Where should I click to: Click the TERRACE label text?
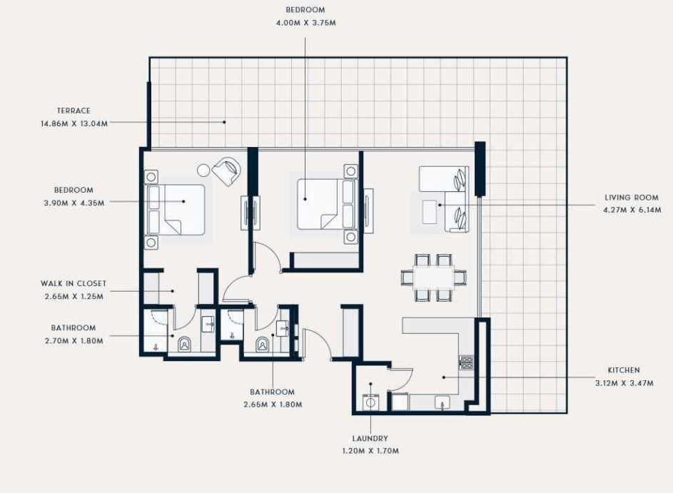click(x=74, y=111)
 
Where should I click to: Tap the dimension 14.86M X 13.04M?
click(x=74, y=123)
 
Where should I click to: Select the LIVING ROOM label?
click(x=632, y=198)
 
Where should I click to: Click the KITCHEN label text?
click(x=624, y=370)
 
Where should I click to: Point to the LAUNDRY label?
click(x=370, y=438)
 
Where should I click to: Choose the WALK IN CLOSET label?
click(x=74, y=283)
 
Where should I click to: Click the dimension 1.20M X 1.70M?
click(x=370, y=450)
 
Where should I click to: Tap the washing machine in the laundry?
click(x=371, y=402)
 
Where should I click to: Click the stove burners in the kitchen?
click(x=466, y=362)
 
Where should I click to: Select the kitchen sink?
click(x=442, y=402)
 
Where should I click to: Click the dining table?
click(x=433, y=277)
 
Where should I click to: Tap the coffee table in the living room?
click(x=429, y=211)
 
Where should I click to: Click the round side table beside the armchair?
click(x=203, y=171)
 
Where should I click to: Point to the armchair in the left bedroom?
click(x=226, y=171)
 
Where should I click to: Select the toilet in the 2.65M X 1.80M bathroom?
click(x=262, y=344)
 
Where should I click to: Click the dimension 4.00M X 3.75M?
click(x=306, y=22)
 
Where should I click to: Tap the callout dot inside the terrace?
click(x=224, y=122)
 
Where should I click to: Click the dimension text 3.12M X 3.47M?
click(x=624, y=382)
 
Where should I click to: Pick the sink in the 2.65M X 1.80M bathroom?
click(x=283, y=328)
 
